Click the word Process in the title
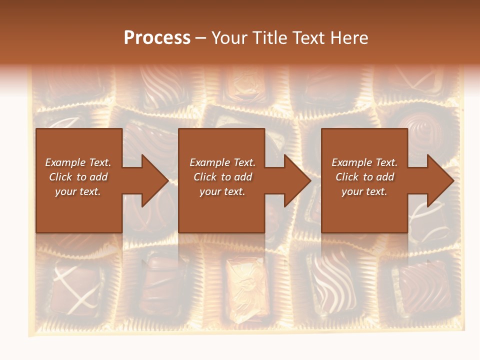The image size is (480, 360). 157,38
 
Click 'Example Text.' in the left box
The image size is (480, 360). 78,162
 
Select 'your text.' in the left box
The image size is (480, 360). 78,191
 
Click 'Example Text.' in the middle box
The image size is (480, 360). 222,162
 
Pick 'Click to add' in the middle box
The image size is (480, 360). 222,177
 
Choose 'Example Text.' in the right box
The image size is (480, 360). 364,162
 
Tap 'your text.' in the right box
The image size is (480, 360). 364,191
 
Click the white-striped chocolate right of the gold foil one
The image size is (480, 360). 330,282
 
